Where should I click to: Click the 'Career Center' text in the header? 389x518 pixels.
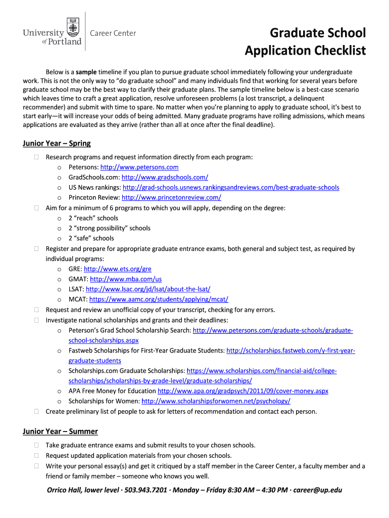coord(113,33)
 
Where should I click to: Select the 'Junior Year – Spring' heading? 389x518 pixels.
coord(57,143)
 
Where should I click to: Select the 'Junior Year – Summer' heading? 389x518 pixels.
coord(60,431)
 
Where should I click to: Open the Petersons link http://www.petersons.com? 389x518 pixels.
coord(139,167)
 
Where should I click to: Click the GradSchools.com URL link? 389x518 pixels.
coord(165,177)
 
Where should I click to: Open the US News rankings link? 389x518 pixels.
coord(230,187)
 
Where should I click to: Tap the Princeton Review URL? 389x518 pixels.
coord(171,197)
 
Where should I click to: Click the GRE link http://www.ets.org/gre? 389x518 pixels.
coord(117,269)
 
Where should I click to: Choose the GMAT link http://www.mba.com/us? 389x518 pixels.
coord(125,279)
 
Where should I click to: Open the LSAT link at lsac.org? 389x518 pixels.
coord(148,289)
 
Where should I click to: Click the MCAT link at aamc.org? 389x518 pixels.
coord(159,299)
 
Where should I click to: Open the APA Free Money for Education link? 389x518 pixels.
coord(242,391)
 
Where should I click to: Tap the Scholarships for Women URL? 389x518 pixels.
coord(216,401)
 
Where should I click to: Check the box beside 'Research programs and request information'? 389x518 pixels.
coord(37,157)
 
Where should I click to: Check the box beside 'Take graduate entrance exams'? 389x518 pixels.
coord(37,446)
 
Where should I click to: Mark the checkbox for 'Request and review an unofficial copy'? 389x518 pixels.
coord(37,310)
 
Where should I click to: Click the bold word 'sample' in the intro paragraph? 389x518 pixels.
coord(86,72)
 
